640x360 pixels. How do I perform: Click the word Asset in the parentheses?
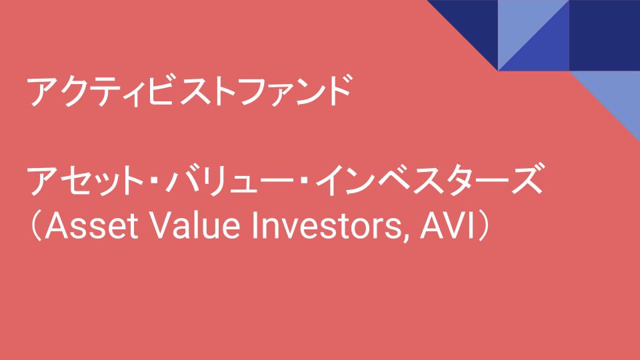pos(91,225)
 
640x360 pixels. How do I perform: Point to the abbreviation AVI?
pos(447,225)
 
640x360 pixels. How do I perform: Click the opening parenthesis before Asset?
pos(36,226)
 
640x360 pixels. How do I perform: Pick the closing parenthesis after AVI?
pos(484,226)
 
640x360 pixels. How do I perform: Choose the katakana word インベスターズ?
pos(429,180)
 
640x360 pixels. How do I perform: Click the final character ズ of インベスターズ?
pos(527,179)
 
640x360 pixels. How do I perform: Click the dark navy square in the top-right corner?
pos(605,35)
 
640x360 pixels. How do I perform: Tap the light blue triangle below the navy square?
pos(616,95)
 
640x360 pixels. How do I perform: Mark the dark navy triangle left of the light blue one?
pos(474,24)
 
